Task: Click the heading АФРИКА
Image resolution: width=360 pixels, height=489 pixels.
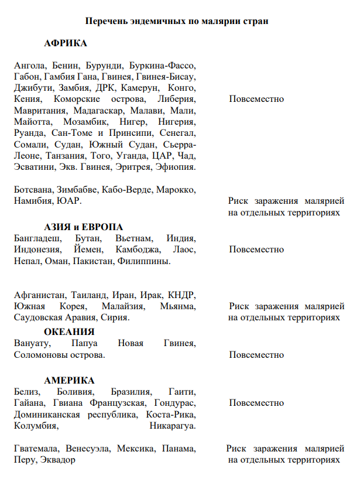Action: coord(66,43)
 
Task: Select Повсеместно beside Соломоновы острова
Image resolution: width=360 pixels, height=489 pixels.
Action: coord(256,355)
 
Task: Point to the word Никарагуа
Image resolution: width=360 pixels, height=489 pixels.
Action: coord(173,426)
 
